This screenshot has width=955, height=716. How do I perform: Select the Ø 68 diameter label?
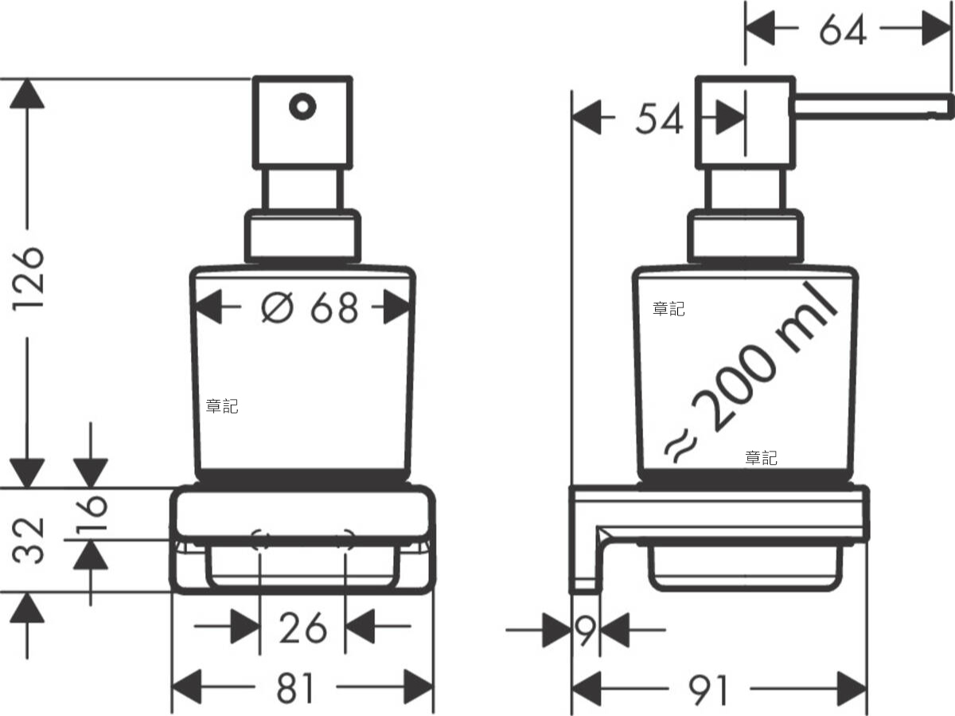[x=310, y=307]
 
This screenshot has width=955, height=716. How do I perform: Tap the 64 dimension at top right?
[x=843, y=31]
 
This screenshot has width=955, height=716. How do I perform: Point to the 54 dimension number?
[x=659, y=120]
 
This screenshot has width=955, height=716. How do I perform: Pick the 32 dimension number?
[x=31, y=539]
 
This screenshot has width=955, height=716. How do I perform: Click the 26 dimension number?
[x=302, y=628]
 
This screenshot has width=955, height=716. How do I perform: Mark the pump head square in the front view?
[x=302, y=122]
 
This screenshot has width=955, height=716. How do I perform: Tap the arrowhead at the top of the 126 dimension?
[x=28, y=93]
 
